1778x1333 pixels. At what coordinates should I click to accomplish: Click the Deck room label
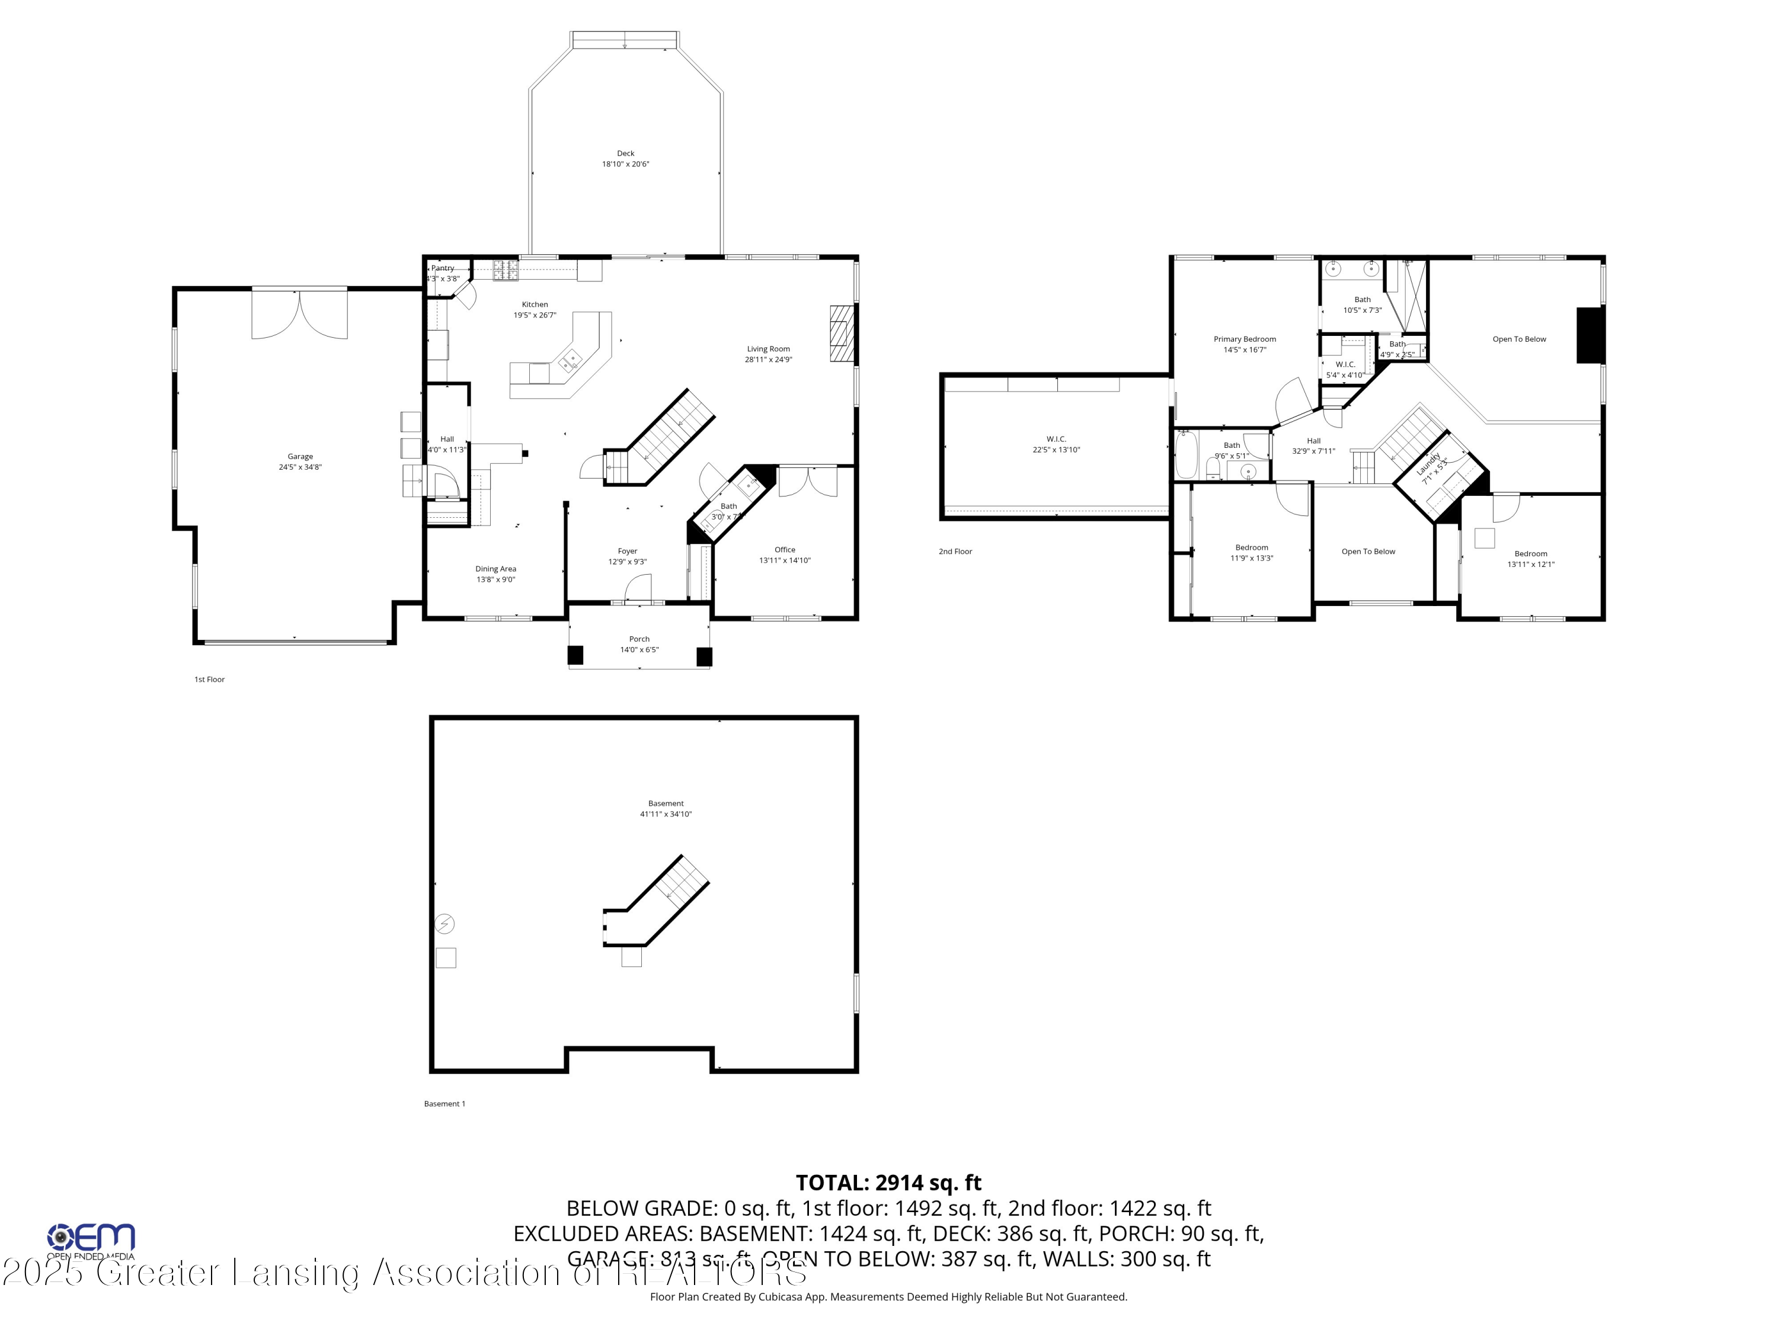pos(625,153)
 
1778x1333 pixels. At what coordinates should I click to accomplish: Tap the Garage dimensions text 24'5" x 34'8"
pos(300,467)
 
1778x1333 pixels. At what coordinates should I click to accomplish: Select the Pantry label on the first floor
pos(443,268)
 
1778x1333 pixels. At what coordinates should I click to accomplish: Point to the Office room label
pos(785,550)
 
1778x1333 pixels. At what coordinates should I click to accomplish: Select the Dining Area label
pos(495,569)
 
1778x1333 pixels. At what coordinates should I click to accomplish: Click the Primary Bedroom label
pos(1244,339)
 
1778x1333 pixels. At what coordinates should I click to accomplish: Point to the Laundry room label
pos(1428,464)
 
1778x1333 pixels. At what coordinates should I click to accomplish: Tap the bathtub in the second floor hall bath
pos(1185,456)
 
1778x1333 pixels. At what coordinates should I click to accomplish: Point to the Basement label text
pos(666,803)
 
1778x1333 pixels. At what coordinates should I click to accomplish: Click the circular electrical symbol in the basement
pos(444,924)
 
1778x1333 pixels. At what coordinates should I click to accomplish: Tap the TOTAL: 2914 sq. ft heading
pos(888,1183)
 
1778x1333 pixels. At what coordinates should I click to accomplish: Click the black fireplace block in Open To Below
pos(1589,335)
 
